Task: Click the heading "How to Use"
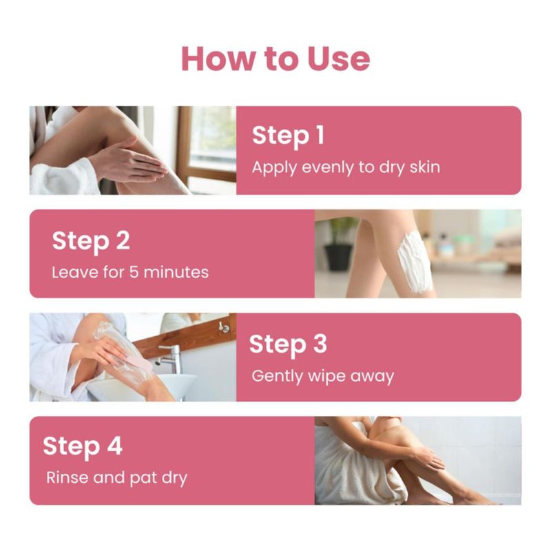tap(275, 59)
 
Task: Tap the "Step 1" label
tap(288, 136)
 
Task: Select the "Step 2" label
tap(91, 242)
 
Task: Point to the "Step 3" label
tap(288, 344)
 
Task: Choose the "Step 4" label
tap(83, 447)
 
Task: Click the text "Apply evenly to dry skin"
tap(346, 167)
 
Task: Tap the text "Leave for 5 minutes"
tap(130, 272)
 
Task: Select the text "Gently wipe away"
tap(323, 376)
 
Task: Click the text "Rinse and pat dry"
tap(116, 478)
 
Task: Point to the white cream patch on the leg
tap(415, 263)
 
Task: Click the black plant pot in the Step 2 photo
tap(338, 257)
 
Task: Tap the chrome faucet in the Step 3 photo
tap(171, 357)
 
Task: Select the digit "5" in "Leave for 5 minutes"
tap(134, 272)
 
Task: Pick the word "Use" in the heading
tap(338, 59)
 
